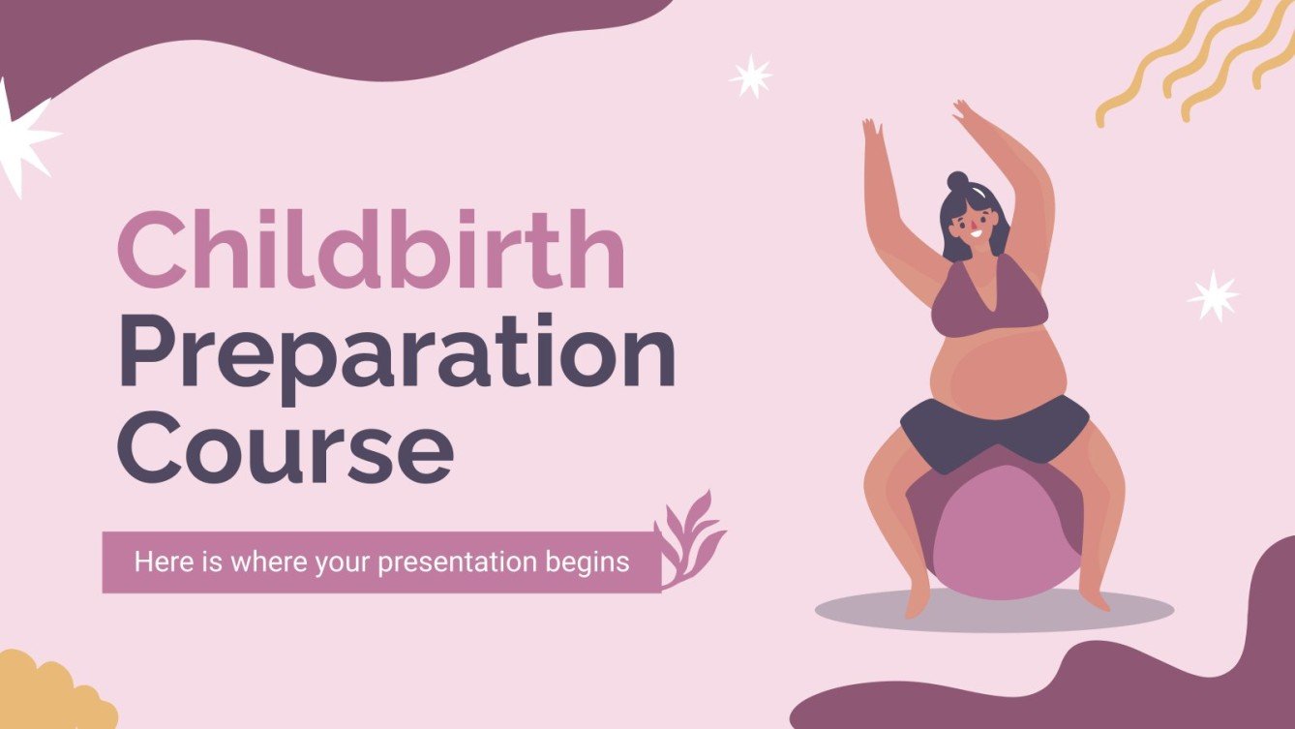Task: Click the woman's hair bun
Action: click(x=957, y=181)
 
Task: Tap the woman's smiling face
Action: click(x=972, y=228)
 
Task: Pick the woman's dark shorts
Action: click(x=995, y=427)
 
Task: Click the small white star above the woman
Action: click(x=751, y=76)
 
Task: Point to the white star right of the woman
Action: click(x=1214, y=296)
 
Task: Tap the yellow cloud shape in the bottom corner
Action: click(x=48, y=695)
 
